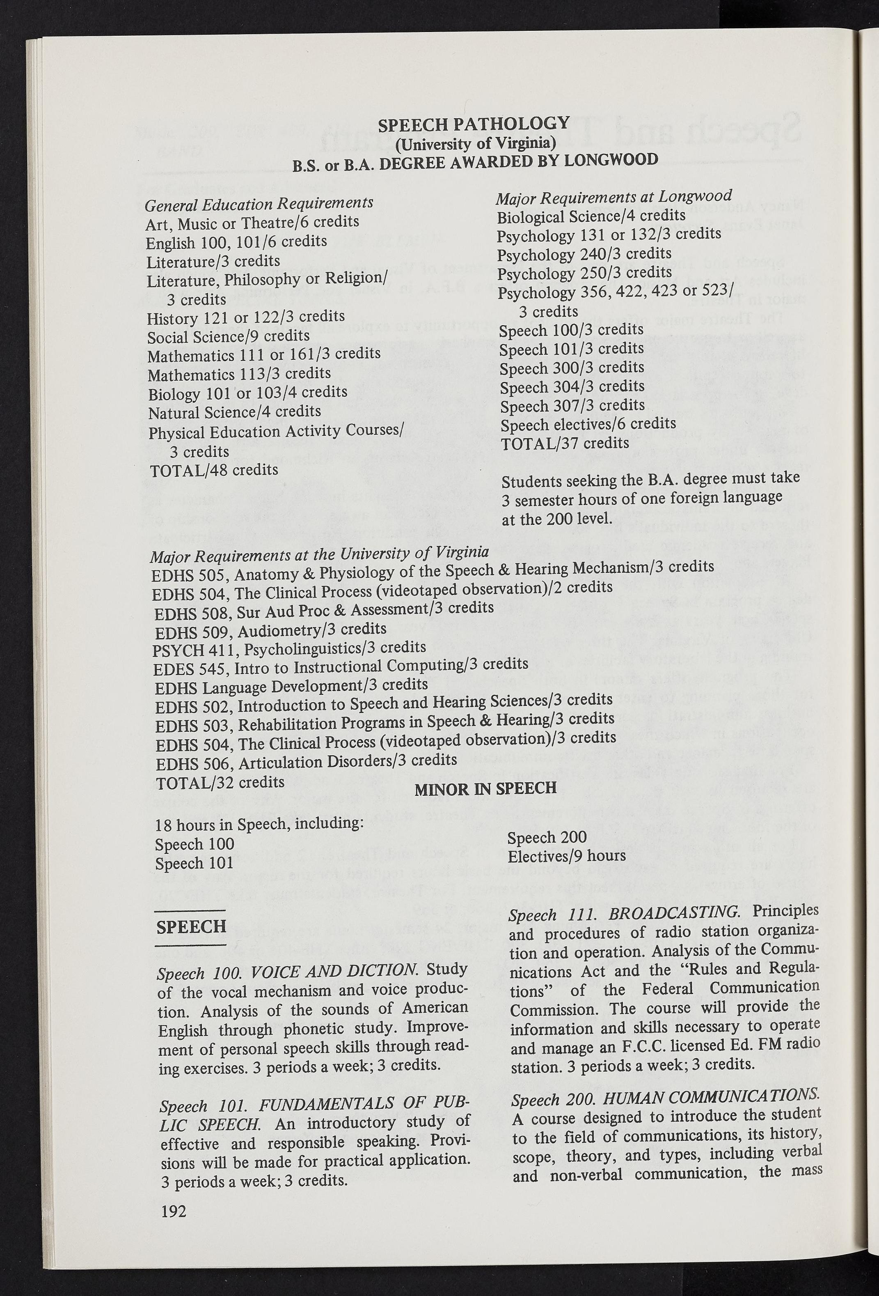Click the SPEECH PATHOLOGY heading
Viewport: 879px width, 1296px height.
coord(474,124)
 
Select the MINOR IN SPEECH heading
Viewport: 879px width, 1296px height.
coord(485,788)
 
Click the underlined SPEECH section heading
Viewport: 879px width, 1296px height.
coord(191,926)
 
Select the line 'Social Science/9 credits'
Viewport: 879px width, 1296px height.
coord(229,336)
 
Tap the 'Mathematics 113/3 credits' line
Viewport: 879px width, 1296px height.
coord(239,374)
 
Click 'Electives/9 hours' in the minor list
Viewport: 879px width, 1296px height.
coord(566,855)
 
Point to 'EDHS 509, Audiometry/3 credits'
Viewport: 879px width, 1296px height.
coord(270,631)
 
